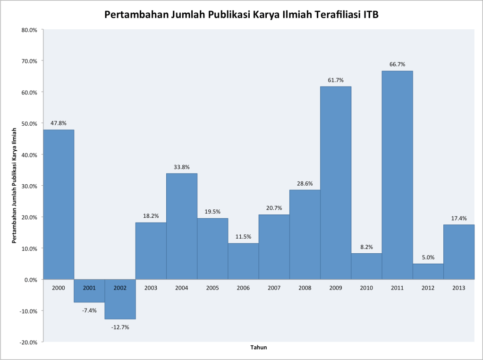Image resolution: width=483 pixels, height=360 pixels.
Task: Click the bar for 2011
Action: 397,175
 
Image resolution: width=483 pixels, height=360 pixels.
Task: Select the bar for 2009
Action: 336,183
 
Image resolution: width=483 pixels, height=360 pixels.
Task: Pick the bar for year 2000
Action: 59,204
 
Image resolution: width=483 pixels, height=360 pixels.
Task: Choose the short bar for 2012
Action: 428,271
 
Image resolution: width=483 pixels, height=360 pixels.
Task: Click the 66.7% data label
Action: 397,64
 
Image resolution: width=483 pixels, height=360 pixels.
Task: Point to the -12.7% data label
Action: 120,327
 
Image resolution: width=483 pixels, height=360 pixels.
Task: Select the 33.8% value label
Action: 182,167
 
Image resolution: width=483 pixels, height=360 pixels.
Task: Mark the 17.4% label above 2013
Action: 458,218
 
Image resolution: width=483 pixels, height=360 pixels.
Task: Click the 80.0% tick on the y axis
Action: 29,30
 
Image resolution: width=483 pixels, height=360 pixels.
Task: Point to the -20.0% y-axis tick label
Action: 28,342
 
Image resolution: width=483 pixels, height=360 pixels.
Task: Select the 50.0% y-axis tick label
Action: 29,123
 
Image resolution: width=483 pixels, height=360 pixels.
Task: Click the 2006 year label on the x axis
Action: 243,288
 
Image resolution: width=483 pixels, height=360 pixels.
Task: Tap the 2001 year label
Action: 89,288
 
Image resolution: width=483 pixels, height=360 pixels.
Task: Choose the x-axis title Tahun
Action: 258,348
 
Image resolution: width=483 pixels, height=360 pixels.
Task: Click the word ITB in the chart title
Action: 370,15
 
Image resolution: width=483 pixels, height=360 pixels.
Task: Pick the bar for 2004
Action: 182,226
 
